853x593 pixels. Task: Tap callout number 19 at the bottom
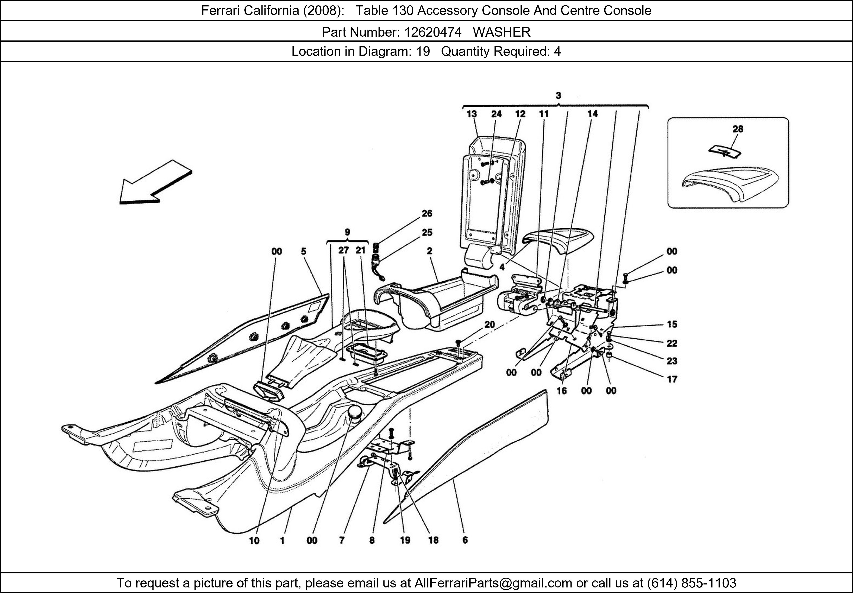[405, 540]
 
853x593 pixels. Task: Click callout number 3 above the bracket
[558, 96]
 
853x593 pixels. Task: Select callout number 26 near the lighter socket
[427, 213]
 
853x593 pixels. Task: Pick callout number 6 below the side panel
[465, 540]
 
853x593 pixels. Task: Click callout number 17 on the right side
[672, 379]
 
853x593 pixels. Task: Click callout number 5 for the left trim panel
[303, 252]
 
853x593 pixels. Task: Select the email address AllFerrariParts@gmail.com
[493, 583]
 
